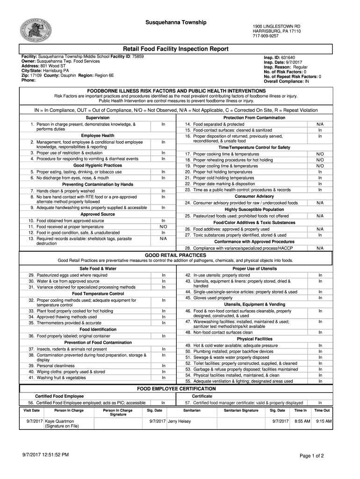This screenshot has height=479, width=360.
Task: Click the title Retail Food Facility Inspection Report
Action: pos(175,49)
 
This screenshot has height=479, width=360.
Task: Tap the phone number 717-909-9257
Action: pos(266,36)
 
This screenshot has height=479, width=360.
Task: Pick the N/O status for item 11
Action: pos(163,226)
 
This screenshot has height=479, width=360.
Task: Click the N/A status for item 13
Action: pos(163,239)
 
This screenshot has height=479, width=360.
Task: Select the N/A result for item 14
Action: pos(320,124)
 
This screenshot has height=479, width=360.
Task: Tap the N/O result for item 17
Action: pos(320,154)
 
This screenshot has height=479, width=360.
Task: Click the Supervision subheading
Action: pos(97,117)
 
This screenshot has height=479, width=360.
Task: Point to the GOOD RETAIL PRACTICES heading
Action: pos(175,255)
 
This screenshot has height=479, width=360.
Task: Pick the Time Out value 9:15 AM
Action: pos(324,421)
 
